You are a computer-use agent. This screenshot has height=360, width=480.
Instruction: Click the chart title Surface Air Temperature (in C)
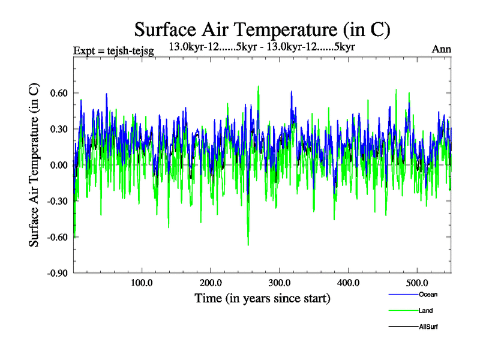[262, 29]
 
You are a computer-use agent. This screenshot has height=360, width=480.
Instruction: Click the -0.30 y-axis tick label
[58, 201]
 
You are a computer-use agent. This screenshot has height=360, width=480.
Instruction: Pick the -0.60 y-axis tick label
[58, 237]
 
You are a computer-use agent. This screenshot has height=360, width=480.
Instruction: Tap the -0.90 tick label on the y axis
[58, 273]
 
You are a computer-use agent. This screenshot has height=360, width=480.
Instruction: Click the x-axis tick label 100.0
[142, 283]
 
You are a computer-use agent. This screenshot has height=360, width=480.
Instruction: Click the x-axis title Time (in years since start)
[262, 298]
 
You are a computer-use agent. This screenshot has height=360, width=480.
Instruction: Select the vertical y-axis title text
[35, 165]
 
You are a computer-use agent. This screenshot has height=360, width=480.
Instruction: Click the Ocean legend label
[428, 294]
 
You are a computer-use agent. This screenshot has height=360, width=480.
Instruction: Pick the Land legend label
[426, 311]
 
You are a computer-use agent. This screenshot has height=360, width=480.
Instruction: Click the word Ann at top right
[441, 50]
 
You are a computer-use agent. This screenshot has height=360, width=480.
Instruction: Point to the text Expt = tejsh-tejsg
[113, 50]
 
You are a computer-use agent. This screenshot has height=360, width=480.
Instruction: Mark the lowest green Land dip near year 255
[248, 245]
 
